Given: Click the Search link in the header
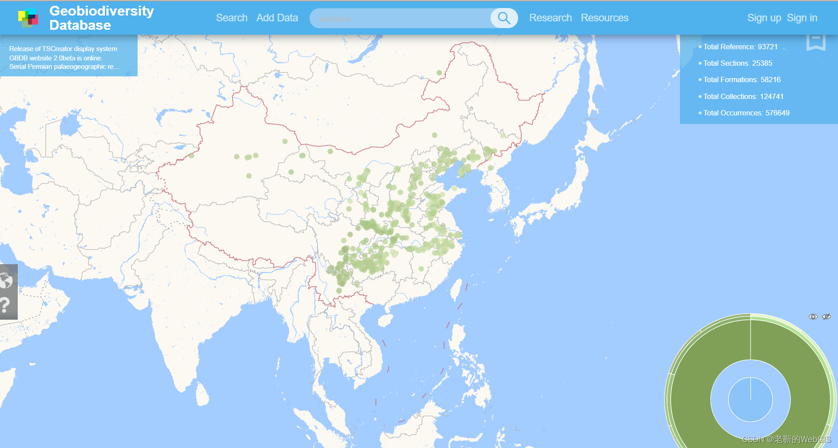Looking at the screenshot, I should [231, 18].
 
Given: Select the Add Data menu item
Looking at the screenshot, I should [277, 18].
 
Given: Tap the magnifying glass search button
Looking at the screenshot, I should [504, 18].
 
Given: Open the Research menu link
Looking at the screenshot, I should [550, 18].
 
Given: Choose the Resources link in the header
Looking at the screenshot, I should [605, 18].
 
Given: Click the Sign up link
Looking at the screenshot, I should [764, 18].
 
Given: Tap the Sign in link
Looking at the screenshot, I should [802, 18].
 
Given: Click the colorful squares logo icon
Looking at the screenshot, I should [28, 18].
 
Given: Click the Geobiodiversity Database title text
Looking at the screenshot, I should [102, 18].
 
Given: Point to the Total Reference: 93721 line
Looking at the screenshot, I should [740, 47].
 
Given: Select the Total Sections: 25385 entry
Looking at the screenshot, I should [737, 63].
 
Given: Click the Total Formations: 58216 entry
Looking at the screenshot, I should [741, 79].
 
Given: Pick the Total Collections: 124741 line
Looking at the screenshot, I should [743, 96].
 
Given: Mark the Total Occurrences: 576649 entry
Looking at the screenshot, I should [746, 113].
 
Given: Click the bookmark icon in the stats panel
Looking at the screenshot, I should [816, 42].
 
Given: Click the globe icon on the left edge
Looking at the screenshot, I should [6, 280].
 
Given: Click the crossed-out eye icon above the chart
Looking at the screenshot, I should [826, 317].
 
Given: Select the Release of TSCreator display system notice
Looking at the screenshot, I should [63, 49].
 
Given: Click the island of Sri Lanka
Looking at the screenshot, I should [202, 394].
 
